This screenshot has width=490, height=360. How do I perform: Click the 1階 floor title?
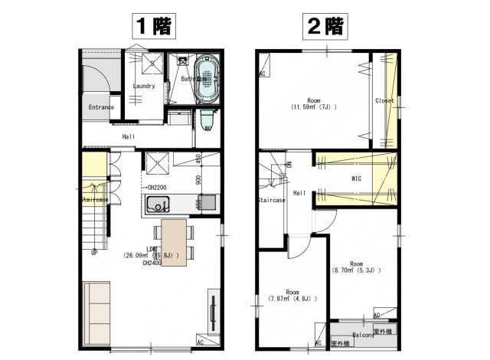pos(153,25)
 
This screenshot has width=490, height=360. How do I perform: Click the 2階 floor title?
pos(325,25)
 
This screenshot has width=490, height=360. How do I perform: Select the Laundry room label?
pos(144,86)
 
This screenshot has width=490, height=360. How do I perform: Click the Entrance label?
pos(101,107)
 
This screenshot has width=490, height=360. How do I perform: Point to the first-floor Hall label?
pos(129,136)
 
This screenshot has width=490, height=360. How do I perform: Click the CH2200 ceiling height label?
pos(157,187)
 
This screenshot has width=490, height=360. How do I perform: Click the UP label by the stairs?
pos(94,251)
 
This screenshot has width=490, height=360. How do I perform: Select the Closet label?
pos(384,101)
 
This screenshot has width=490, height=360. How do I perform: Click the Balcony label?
pos(363,335)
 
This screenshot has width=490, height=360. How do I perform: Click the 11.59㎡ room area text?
pos(314,108)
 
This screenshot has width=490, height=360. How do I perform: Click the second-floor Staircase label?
pos(271,200)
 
